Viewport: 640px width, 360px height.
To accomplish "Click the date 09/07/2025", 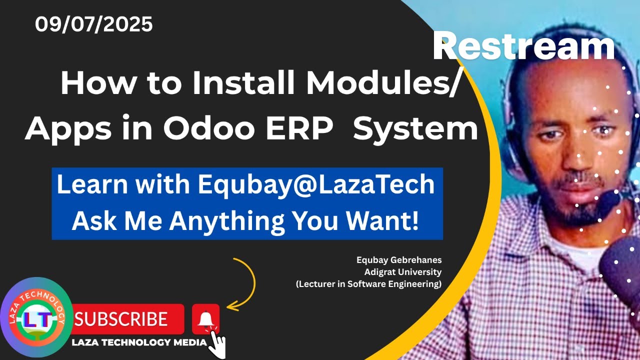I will [93, 24].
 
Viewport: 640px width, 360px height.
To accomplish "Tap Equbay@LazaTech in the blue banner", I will [316, 185].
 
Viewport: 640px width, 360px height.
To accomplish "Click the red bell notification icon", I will [205, 319].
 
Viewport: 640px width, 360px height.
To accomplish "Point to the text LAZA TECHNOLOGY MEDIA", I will [139, 342].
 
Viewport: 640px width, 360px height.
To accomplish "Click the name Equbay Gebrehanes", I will [399, 260].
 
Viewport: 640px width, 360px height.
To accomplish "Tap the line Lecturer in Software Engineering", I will [368, 284].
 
